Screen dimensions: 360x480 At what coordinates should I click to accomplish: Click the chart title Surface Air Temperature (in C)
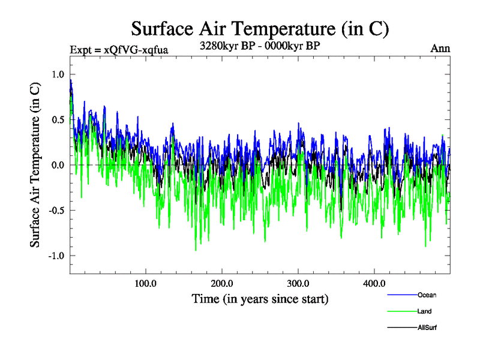[x=260, y=28]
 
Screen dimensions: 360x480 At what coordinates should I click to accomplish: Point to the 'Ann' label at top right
[x=440, y=48]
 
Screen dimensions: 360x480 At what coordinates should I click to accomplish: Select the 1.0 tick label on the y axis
[x=57, y=74]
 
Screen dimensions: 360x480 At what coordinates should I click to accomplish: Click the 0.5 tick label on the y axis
[x=57, y=119]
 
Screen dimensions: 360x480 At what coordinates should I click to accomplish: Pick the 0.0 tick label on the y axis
[x=57, y=165]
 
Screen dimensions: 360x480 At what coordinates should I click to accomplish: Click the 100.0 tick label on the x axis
[x=145, y=283]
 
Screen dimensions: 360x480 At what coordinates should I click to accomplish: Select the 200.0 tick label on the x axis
[x=222, y=283]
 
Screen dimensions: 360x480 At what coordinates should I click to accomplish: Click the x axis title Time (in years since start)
[x=260, y=298]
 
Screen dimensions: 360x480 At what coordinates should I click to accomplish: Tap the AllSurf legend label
[x=428, y=328]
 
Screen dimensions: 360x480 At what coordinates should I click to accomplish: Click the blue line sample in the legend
[x=403, y=295]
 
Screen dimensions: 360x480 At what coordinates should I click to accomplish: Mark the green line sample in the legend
[x=403, y=311]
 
